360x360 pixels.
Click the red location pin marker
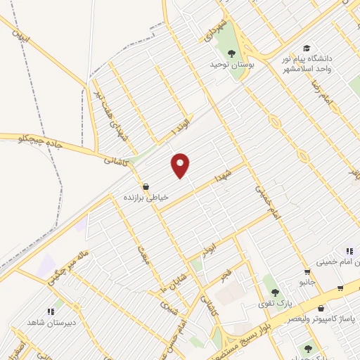click(181, 165)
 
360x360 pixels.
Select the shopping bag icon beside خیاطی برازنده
click(146, 187)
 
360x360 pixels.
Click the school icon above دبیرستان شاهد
click(51, 310)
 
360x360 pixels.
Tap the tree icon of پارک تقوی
click(275, 292)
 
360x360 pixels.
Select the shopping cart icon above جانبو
click(307, 271)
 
